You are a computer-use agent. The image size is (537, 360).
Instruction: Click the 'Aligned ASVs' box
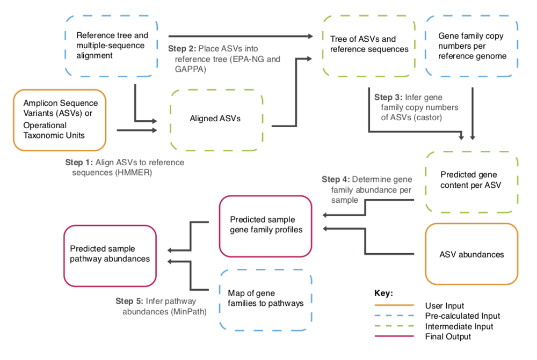click(216, 119)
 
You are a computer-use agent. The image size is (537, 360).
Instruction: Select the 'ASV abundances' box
click(471, 254)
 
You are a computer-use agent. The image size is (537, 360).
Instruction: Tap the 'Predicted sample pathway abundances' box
click(110, 254)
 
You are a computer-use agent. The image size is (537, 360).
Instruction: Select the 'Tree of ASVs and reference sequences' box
click(368, 46)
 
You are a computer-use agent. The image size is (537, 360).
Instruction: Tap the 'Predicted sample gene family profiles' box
click(265, 225)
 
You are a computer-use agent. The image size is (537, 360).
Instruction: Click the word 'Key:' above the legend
click(383, 293)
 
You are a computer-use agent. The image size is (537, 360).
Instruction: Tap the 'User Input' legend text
click(444, 305)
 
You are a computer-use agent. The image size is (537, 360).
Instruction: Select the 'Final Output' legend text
click(447, 336)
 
